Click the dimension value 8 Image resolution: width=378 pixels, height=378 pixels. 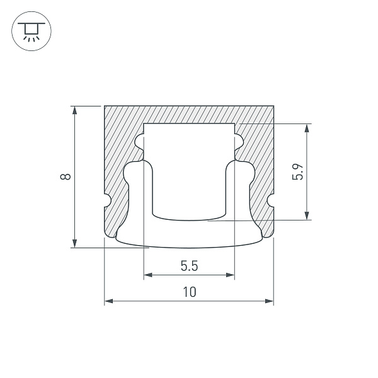point(66,176)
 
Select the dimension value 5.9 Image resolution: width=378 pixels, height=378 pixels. point(297,171)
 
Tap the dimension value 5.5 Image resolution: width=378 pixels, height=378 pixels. point(189,266)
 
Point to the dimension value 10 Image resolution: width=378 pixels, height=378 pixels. point(190,292)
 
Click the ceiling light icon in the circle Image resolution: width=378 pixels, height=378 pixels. point(31,31)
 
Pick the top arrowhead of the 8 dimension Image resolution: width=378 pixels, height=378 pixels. point(75,110)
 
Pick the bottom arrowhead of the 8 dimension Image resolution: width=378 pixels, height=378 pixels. point(75,243)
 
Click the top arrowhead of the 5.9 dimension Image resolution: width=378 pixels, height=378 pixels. point(307,128)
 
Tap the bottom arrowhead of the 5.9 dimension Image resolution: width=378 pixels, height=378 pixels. point(307,215)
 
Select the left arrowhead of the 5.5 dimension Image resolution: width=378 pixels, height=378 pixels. point(148,275)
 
